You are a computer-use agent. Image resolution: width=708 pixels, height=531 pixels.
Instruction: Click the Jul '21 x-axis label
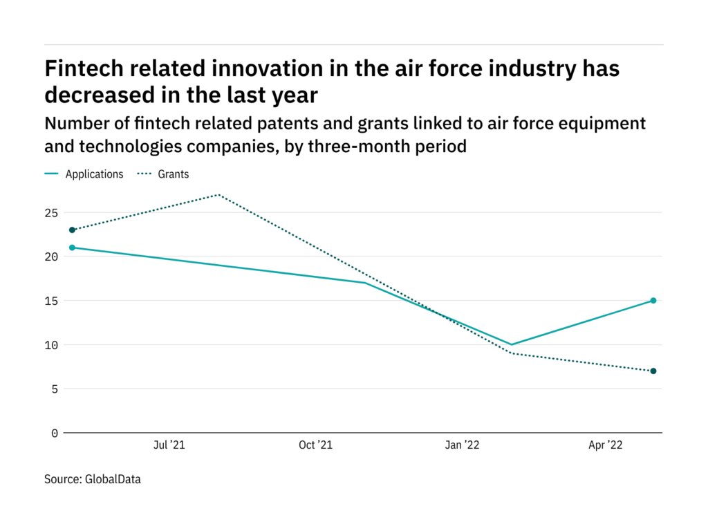point(169,446)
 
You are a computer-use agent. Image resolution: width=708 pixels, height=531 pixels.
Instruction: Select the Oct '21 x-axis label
point(315,446)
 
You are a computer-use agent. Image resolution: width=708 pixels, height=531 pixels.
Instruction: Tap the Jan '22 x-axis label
point(461,446)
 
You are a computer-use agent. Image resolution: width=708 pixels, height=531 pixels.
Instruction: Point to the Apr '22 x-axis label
point(606,446)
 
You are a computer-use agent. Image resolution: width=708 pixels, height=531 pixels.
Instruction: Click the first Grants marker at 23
point(72,230)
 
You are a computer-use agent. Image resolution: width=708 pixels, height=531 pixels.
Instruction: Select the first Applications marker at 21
point(72,248)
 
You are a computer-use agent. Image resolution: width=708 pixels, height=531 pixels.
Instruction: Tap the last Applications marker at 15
point(653,301)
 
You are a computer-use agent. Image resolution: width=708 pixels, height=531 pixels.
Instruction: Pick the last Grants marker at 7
point(653,371)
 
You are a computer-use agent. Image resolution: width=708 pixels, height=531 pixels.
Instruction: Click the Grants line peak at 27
point(218,194)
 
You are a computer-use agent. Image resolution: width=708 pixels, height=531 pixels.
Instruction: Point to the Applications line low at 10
point(511,344)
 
